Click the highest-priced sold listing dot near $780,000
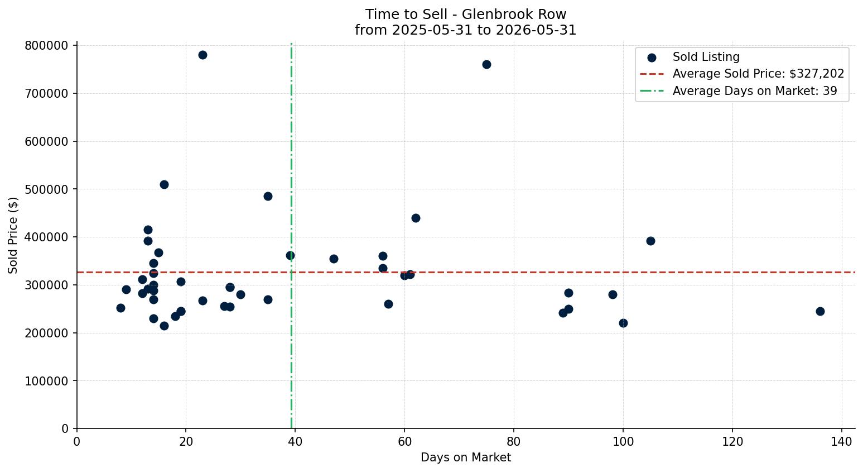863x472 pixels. pos(203,55)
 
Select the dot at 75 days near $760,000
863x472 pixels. pos(486,64)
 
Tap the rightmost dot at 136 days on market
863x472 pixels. pos(820,311)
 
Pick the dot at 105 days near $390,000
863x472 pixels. pos(650,241)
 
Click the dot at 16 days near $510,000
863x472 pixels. pos(164,185)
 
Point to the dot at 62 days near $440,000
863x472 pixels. pos(416,218)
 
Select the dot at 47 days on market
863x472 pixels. pos(334,259)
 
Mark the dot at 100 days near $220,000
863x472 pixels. pos(623,323)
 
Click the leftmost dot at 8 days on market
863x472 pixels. pos(120,308)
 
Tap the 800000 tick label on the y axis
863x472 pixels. pos(47,46)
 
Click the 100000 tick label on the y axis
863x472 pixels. pos(47,381)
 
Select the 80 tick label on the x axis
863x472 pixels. pos(514,441)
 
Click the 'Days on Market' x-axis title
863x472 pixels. pos(466,457)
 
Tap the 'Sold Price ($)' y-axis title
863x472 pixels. pos(13,235)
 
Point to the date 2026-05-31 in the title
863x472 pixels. pos(536,30)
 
